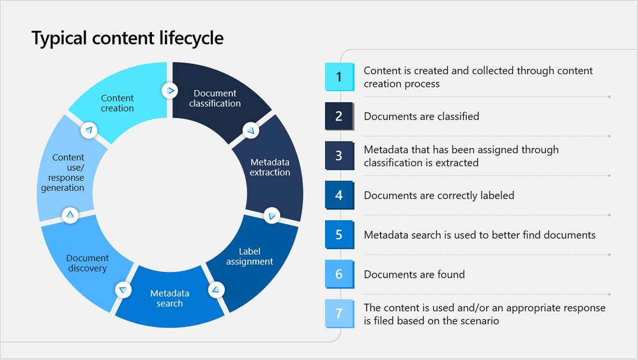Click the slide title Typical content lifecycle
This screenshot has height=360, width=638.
click(128, 39)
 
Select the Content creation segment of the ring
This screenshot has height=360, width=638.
click(118, 103)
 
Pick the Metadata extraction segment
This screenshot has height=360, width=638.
click(270, 167)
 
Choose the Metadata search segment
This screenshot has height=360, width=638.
click(170, 298)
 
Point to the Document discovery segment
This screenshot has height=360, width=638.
click(87, 263)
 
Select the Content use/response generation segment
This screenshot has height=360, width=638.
click(68, 172)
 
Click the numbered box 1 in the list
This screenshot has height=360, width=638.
click(339, 77)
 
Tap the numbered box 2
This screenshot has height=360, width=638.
click(339, 116)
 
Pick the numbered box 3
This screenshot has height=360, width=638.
click(339, 156)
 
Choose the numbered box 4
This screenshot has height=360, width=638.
click(339, 195)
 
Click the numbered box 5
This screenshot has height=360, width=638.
click(339, 235)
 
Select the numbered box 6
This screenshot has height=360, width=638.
click(339, 274)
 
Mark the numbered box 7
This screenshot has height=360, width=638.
click(339, 314)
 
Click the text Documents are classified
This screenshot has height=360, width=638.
click(422, 116)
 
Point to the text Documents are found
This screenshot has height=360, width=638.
click(414, 274)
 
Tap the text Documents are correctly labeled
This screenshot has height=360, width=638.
click(439, 195)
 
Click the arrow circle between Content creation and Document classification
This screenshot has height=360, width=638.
click(170, 91)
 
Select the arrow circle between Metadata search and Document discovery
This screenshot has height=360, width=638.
click(123, 290)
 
